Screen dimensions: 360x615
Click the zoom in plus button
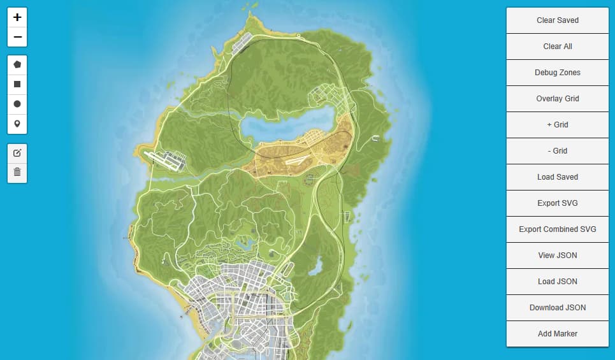point(17,17)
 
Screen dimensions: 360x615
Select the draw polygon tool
point(17,64)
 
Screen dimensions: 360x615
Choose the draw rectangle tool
point(17,84)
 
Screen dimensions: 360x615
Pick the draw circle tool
point(17,104)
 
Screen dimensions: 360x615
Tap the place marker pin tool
point(17,124)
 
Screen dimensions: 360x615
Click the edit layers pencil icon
point(17,153)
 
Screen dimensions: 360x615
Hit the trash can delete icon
point(17,172)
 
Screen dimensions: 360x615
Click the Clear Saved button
point(558,20)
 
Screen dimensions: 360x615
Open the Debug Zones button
point(558,73)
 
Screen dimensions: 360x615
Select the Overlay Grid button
point(558,99)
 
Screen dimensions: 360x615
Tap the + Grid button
point(558,125)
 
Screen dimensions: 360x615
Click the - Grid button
point(558,151)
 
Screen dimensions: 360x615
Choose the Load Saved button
point(558,177)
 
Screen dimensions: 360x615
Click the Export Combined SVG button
point(558,229)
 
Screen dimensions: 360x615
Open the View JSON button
point(558,256)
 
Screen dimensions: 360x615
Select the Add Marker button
point(558,334)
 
